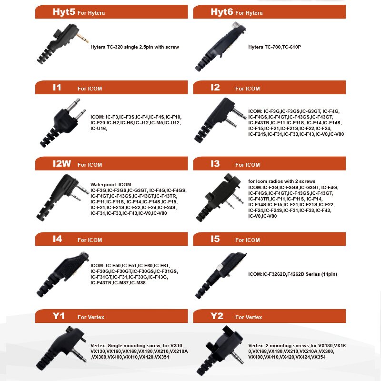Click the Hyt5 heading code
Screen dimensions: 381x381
(64, 12)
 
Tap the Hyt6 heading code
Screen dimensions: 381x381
(221, 12)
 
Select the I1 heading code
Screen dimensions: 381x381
(57, 88)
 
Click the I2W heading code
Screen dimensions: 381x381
(61, 164)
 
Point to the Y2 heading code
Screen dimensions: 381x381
(217, 316)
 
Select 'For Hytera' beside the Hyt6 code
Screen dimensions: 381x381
(249, 13)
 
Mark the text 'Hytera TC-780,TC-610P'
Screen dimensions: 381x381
(275, 47)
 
